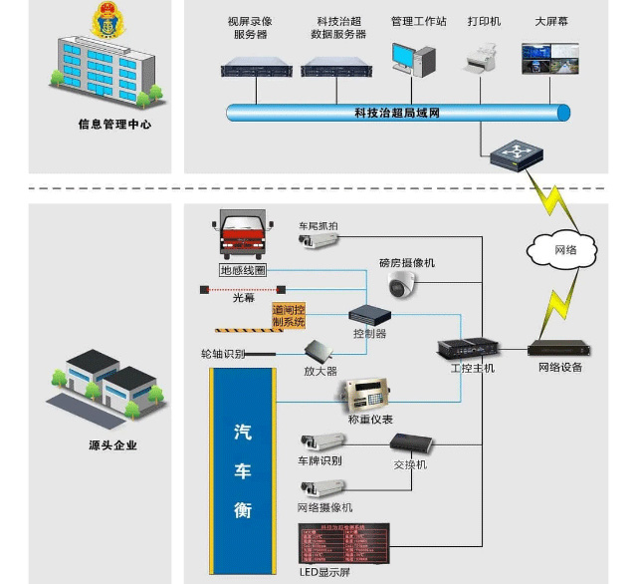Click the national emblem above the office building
[x=104, y=22]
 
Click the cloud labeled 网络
[x=564, y=248]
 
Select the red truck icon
[x=244, y=239]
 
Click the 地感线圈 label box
[x=244, y=270]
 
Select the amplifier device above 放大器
[x=319, y=352]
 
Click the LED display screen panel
[x=342, y=544]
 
